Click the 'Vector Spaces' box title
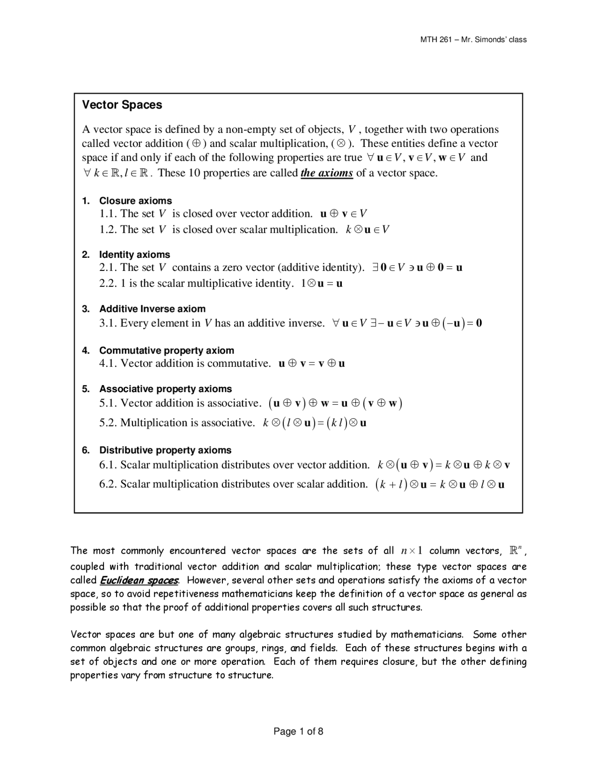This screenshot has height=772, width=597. coord(122,105)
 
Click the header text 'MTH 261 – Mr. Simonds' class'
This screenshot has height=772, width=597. coord(473,40)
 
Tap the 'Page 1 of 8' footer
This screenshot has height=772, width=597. coord(298,731)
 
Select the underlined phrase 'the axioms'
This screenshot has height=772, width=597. coord(326,173)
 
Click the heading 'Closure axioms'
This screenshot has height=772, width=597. coord(135,201)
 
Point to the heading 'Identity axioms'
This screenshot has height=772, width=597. coord(134,255)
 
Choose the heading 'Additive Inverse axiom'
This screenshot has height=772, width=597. coord(152,309)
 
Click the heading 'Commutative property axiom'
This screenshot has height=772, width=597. coord(167,350)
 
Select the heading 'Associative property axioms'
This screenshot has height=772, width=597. coord(165,389)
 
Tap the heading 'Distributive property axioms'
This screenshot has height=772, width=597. coord(165,450)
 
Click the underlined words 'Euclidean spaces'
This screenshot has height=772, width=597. coord(139,580)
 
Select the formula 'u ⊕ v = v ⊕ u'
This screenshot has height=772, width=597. coord(312,364)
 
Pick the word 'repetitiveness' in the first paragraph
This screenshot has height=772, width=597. coord(186,594)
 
